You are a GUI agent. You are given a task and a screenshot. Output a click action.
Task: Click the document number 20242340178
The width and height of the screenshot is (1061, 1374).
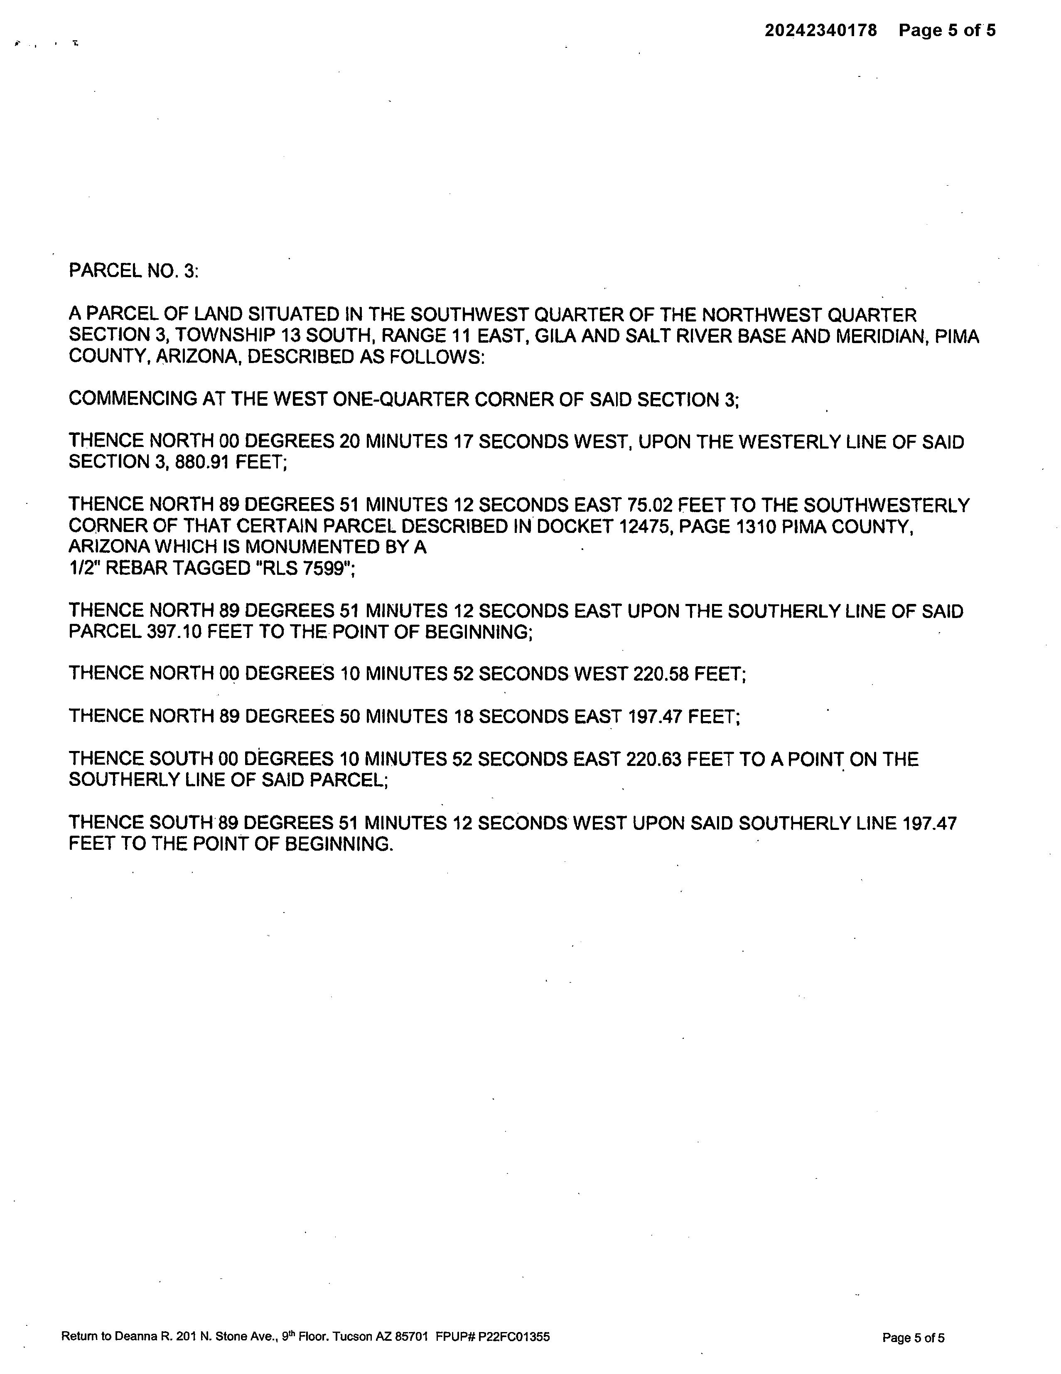pos(820,30)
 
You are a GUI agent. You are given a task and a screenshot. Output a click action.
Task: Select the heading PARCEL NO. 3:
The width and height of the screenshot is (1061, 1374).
pos(133,271)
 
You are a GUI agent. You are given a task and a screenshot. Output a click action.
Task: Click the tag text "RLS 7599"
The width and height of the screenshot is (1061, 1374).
pos(303,569)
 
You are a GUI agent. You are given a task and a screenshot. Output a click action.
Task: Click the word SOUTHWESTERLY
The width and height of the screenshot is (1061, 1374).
pos(886,505)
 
